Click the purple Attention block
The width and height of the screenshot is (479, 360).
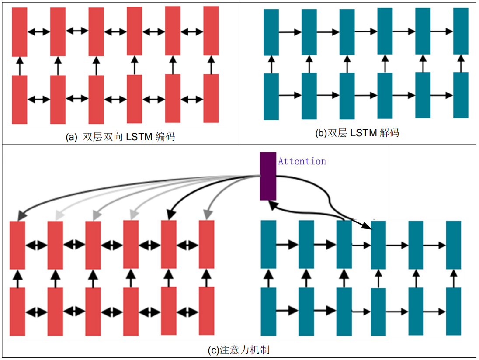(x=268, y=176)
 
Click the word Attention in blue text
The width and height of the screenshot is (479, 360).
(x=302, y=161)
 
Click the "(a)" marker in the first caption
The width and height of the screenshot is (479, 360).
(x=72, y=137)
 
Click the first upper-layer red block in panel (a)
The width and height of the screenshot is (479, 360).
(x=20, y=32)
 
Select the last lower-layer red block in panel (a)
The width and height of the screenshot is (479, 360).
(x=211, y=98)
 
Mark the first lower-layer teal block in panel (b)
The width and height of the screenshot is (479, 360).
(x=271, y=96)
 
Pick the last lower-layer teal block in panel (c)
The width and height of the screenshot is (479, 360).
(x=454, y=311)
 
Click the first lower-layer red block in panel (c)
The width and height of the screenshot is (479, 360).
(x=17, y=312)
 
